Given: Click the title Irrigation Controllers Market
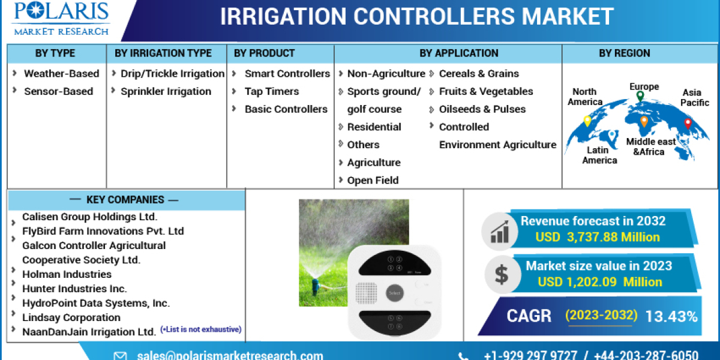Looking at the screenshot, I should click(x=416, y=16).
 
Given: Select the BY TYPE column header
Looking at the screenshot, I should click(x=55, y=53).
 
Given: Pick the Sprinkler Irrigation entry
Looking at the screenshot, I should click(x=166, y=91).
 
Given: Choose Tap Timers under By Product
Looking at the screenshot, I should click(x=271, y=91).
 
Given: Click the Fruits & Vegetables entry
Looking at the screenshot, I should click(x=485, y=91).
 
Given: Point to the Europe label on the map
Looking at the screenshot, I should click(x=644, y=86).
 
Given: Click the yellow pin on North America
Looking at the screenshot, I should click(x=587, y=121).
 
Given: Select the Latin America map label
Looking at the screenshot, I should click(x=599, y=155).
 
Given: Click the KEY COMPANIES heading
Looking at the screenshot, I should click(x=125, y=200).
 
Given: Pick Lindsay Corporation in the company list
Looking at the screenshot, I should click(x=71, y=317).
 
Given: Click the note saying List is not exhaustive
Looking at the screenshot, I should click(x=200, y=329).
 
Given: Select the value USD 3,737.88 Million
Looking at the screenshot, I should click(x=597, y=237).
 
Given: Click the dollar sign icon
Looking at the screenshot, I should click(x=501, y=274).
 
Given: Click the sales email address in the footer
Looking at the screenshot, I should click(x=230, y=355).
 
